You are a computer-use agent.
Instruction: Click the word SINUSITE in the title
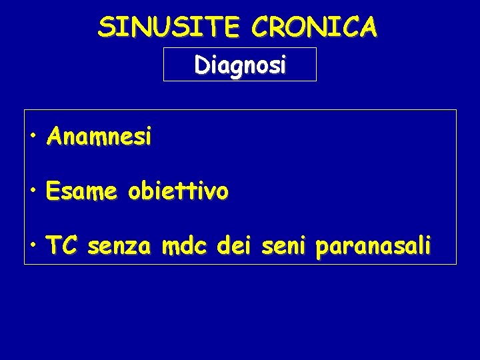(169, 27)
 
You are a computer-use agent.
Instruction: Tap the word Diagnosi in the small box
(240, 65)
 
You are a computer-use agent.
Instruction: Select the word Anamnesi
(99, 137)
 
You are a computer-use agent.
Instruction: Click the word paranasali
(373, 248)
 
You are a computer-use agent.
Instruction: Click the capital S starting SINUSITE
(105, 27)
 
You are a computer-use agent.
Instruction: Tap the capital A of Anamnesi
(54, 137)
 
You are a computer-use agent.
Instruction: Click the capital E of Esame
(53, 192)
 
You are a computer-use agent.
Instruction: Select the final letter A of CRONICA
(368, 27)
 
